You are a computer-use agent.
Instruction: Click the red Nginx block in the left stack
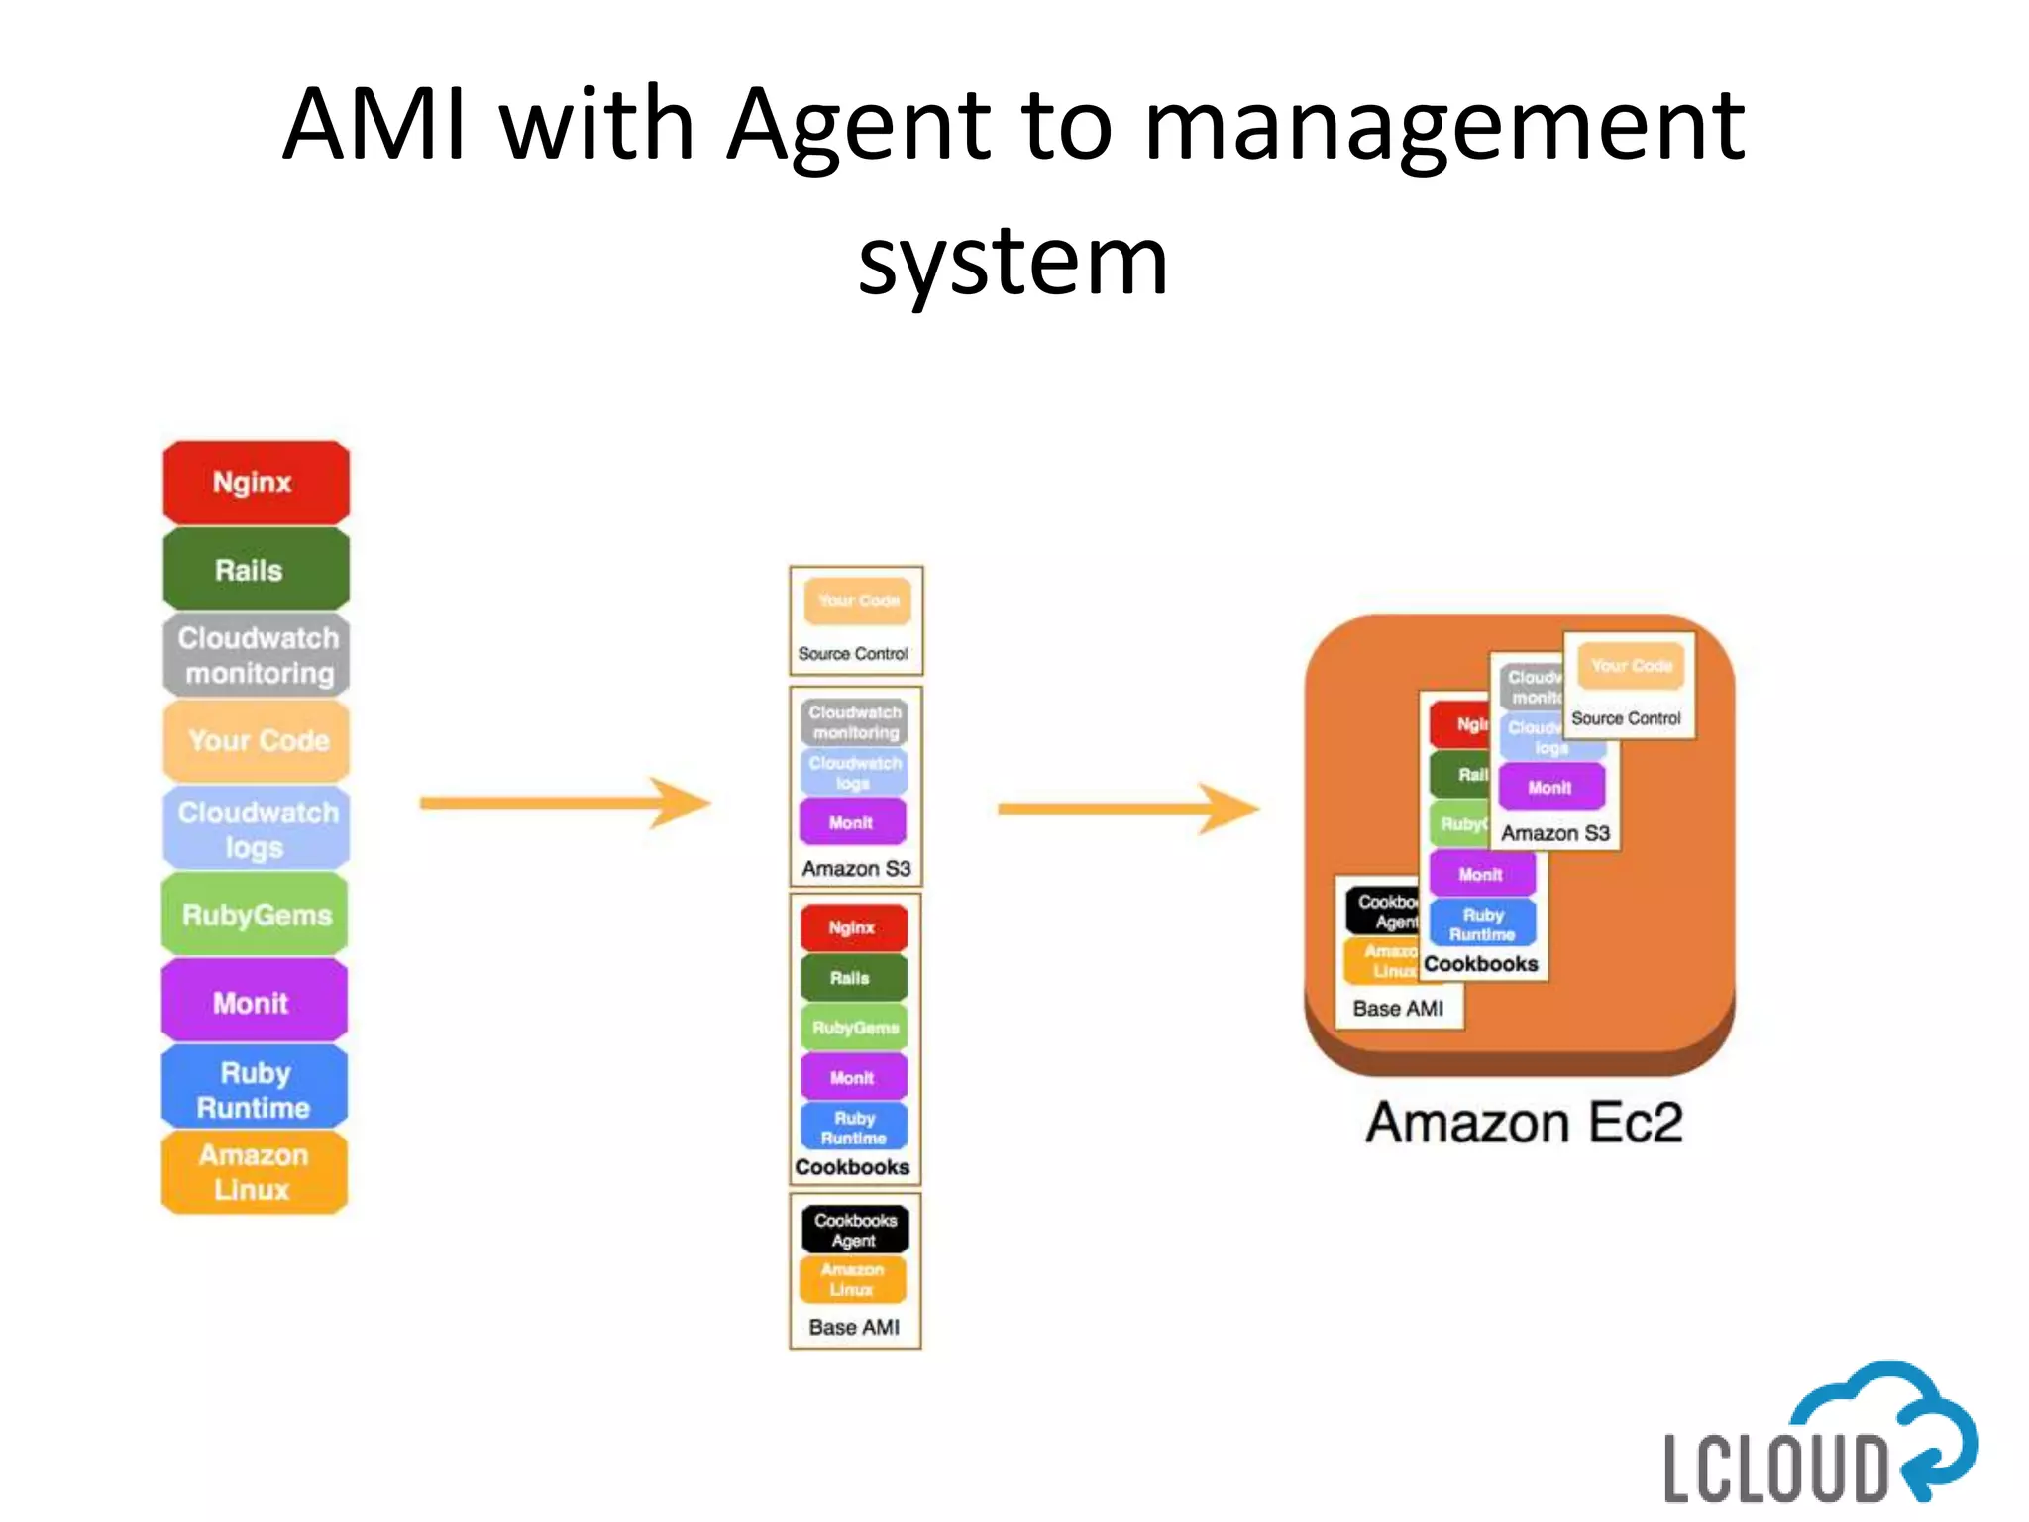(x=256, y=483)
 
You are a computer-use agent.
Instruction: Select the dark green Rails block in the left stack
(x=256, y=570)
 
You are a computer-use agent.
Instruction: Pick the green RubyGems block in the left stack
(x=256, y=915)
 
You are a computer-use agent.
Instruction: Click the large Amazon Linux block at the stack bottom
(x=255, y=1172)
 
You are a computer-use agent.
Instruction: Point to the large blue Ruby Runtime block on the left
(x=255, y=1089)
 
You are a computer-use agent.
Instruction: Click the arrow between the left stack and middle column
(x=565, y=803)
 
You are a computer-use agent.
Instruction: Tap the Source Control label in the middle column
(x=853, y=654)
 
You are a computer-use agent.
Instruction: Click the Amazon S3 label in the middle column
(x=856, y=869)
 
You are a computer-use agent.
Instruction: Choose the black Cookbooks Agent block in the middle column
(x=854, y=1230)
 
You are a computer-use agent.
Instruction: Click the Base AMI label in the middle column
(x=854, y=1327)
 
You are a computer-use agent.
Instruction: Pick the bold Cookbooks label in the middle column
(x=852, y=1167)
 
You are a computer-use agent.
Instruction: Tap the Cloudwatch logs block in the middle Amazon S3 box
(x=854, y=773)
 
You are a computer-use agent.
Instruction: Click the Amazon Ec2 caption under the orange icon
(x=1524, y=1123)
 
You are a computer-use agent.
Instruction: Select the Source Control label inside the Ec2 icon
(x=1626, y=718)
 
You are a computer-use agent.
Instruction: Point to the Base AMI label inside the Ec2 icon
(x=1398, y=1008)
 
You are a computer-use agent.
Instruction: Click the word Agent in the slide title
(x=858, y=127)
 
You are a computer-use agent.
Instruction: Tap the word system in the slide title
(x=1013, y=261)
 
